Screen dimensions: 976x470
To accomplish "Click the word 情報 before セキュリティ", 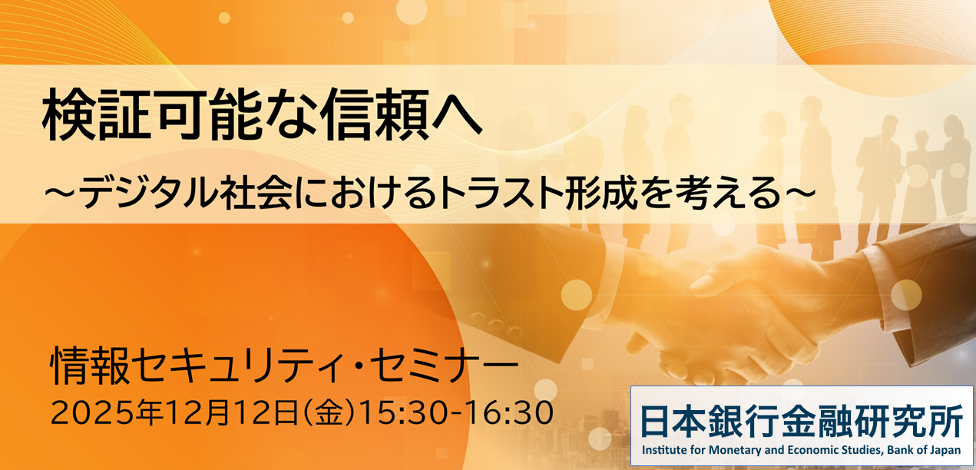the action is point(90,366).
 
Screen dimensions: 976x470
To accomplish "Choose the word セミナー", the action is point(444,366).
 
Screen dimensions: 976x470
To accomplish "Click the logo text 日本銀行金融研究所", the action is point(802,421).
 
